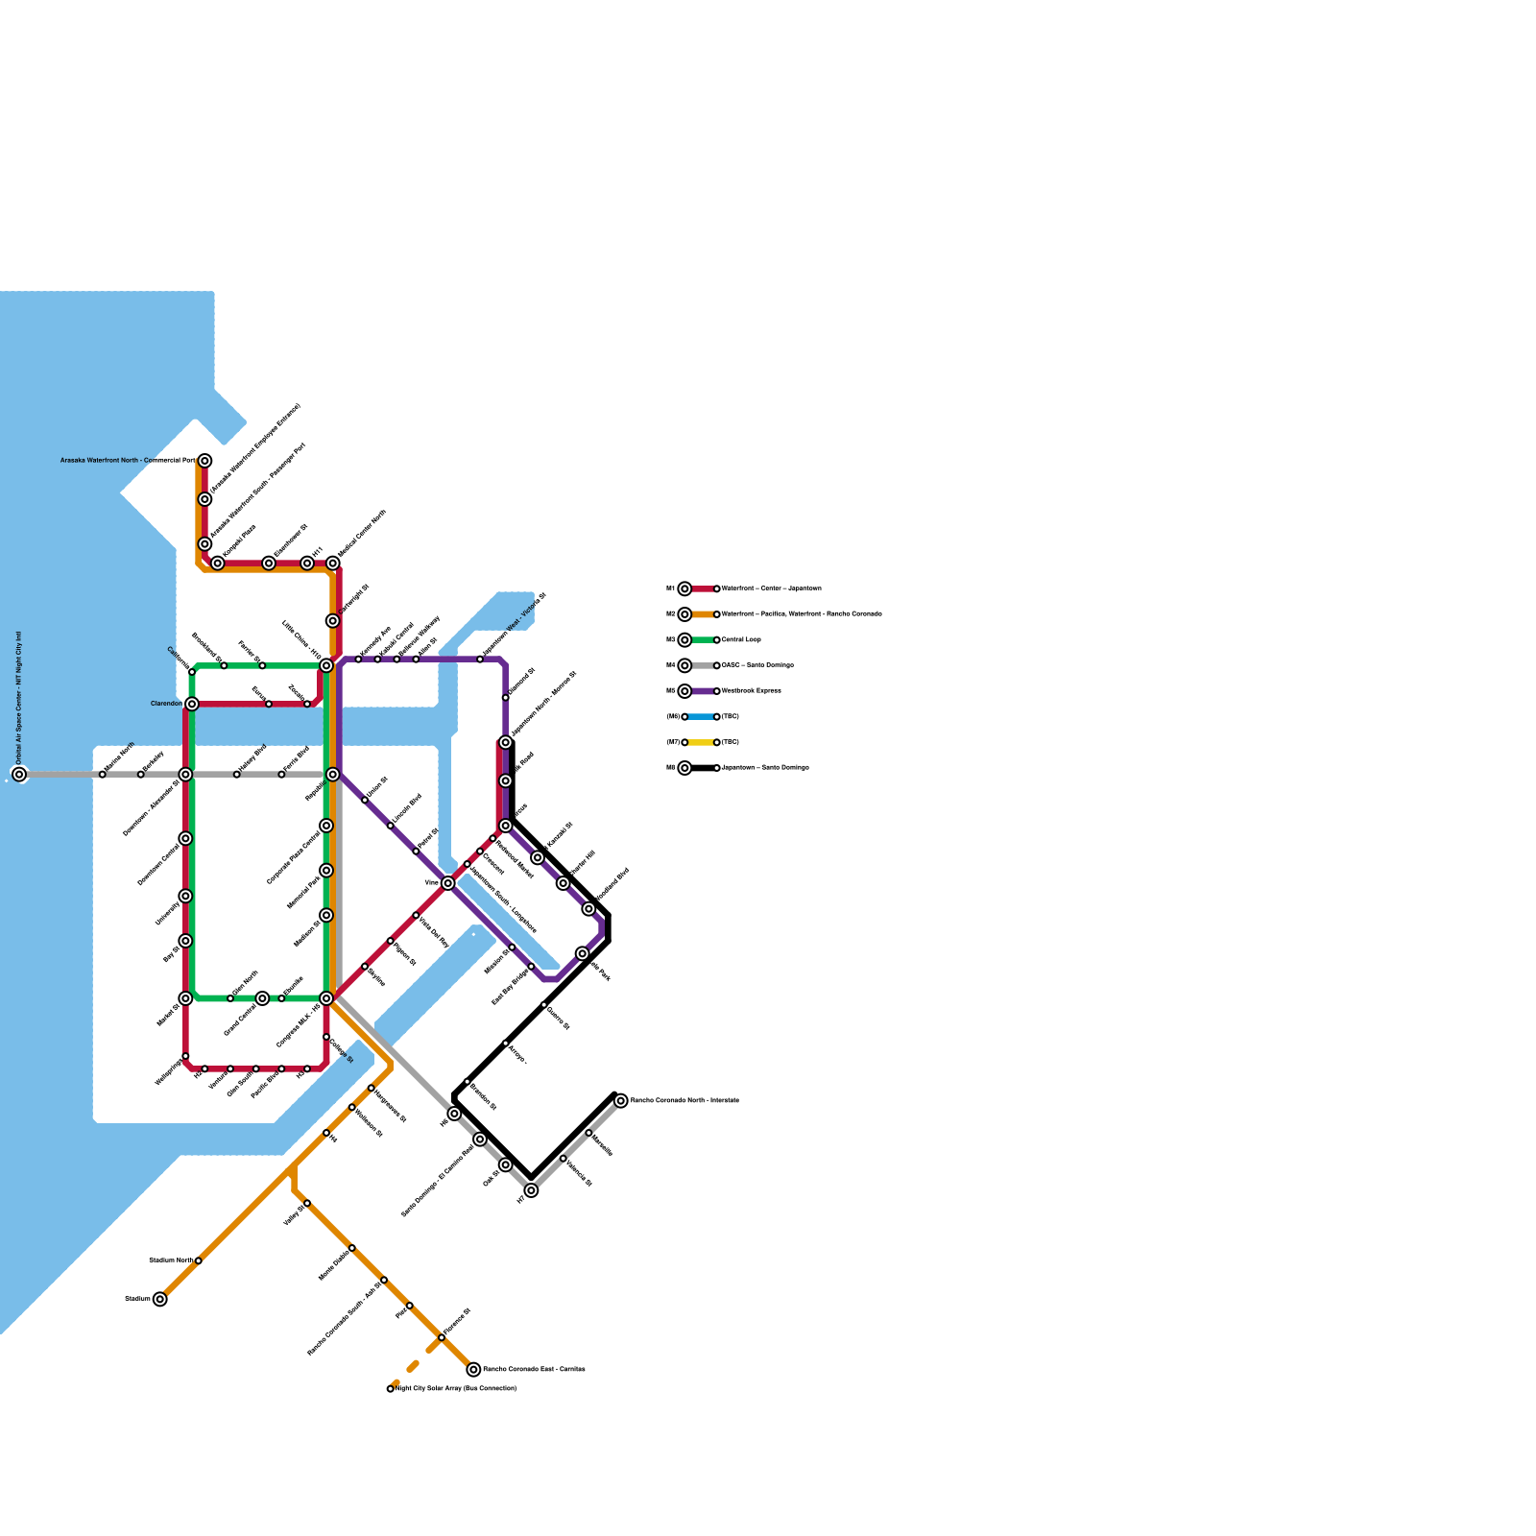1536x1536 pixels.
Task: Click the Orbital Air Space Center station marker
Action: (19, 774)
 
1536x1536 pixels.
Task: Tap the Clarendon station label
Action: (166, 704)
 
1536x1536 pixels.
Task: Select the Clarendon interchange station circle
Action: (192, 704)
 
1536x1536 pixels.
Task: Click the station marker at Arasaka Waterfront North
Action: (204, 461)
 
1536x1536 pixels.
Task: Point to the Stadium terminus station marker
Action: (159, 1299)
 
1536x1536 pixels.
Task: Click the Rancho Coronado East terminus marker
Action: (473, 1369)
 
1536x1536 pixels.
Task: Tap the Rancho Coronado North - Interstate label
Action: (684, 1100)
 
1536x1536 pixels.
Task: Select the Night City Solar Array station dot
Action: (391, 1388)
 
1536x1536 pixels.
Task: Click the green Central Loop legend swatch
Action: (701, 639)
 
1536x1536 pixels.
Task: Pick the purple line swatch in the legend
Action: (701, 691)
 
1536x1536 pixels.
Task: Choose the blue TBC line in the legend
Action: (701, 716)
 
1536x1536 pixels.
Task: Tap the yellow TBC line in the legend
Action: (701, 742)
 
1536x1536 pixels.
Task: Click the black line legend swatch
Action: (701, 768)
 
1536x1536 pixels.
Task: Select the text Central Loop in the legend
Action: (741, 639)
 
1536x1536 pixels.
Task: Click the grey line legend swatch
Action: (701, 665)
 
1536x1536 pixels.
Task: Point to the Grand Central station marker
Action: (262, 998)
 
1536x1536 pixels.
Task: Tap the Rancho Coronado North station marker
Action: (621, 1100)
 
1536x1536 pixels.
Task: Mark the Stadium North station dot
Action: (198, 1260)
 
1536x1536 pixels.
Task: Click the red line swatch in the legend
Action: (701, 588)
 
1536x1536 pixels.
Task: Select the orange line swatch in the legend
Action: (701, 614)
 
